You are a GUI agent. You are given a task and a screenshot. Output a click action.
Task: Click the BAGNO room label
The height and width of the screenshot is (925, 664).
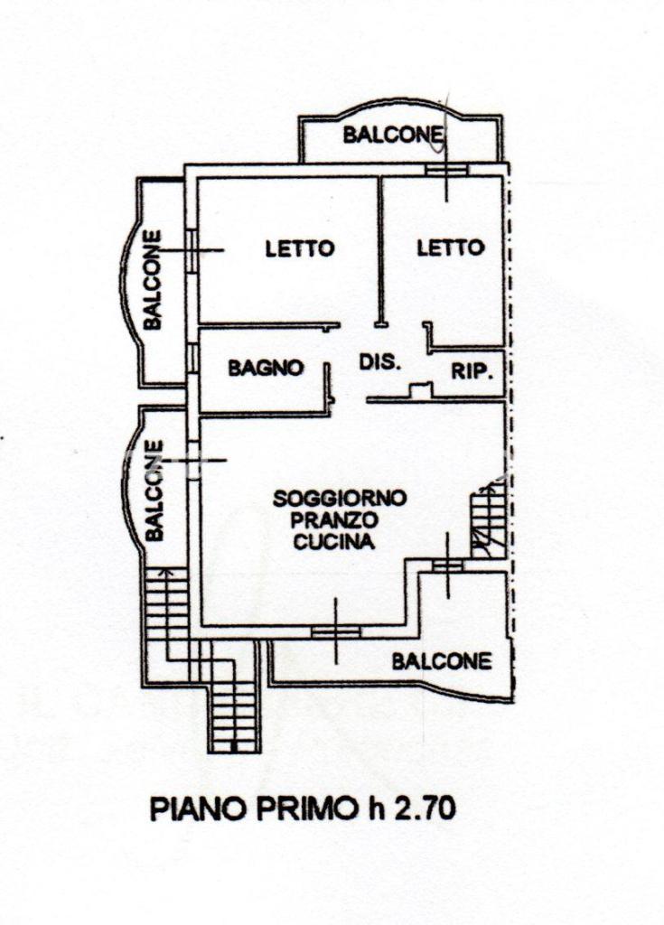pyautogui.click(x=266, y=369)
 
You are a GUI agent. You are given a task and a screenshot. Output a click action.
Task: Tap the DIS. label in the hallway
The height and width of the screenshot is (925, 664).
pyautogui.click(x=380, y=361)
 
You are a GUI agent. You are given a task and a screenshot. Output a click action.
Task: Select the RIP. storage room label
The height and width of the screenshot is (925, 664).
pyautogui.click(x=472, y=371)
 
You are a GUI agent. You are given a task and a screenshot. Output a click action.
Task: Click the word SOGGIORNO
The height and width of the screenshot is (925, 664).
pyautogui.click(x=340, y=499)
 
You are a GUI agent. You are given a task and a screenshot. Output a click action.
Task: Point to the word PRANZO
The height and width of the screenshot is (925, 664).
pyautogui.click(x=334, y=520)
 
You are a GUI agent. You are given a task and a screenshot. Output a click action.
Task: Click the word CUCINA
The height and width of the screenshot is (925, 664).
pyautogui.click(x=334, y=542)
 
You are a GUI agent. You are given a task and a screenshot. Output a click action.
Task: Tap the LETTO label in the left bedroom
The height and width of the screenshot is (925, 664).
pyautogui.click(x=300, y=248)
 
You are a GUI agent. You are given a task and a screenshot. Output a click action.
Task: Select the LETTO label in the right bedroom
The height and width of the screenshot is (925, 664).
pyautogui.click(x=451, y=248)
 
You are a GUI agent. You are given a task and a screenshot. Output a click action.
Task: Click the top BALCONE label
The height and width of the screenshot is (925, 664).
pyautogui.click(x=392, y=135)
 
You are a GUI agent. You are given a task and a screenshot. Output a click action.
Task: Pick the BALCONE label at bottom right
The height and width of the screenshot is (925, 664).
pyautogui.click(x=442, y=661)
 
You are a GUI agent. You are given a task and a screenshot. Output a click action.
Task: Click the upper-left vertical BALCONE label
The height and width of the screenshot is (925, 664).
pyautogui.click(x=153, y=280)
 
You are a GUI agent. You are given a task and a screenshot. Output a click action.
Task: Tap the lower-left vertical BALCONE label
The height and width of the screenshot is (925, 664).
pyautogui.click(x=154, y=491)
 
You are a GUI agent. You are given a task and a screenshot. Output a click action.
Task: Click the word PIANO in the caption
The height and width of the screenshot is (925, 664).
pyautogui.click(x=199, y=808)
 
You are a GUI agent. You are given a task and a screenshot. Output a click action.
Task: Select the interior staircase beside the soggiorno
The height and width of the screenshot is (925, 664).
pyautogui.click(x=488, y=520)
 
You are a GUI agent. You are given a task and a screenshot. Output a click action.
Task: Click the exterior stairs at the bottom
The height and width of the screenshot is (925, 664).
pyautogui.click(x=235, y=697)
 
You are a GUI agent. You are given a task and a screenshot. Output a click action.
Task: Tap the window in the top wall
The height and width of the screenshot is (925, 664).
pyautogui.click(x=447, y=170)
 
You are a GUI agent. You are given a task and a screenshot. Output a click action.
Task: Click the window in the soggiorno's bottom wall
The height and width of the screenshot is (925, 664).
pyautogui.click(x=336, y=631)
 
